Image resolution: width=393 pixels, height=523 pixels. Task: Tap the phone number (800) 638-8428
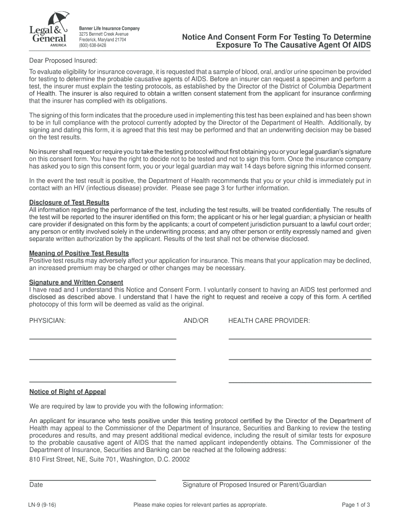92,45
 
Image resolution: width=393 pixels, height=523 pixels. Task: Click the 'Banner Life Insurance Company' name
109,28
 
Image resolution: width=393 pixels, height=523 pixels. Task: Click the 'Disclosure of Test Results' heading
69,203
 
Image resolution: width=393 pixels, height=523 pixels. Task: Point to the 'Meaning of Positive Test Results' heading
79,253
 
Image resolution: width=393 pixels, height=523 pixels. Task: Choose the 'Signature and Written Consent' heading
76,282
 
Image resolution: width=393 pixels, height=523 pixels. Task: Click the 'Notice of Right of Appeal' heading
67,392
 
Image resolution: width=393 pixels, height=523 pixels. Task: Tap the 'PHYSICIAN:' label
47,321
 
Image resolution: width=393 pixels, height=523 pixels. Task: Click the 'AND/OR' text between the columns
196,321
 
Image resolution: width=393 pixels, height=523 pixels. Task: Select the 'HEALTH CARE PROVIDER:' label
269,321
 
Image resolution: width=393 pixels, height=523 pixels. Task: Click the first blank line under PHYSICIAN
103,338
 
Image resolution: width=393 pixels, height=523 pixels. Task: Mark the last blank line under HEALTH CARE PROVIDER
300,382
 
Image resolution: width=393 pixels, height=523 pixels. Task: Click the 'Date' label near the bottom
36,485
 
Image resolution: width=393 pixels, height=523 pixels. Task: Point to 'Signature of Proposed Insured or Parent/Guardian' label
254,485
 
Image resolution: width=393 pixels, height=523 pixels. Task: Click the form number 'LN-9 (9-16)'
42,505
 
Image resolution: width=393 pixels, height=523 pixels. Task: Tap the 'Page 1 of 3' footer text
356,505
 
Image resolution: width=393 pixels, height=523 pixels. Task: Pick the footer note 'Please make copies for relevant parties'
200,505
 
